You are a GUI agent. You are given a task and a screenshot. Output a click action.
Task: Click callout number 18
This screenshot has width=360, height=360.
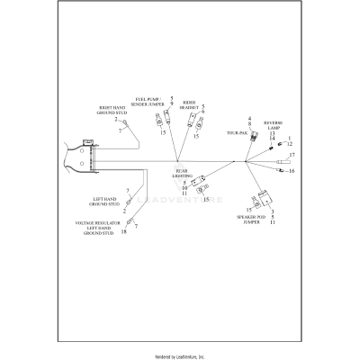click(123, 233)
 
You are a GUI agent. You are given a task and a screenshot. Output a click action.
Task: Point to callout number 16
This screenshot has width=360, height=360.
click(292, 170)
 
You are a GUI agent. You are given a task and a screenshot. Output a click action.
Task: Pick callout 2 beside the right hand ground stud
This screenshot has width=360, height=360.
click(115, 120)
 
